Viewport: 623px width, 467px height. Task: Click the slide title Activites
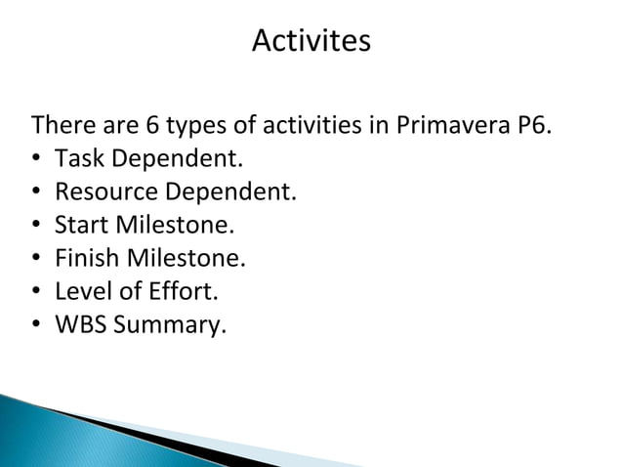(x=311, y=42)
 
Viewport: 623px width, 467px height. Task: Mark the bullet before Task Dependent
(x=37, y=159)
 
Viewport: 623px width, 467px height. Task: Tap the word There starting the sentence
(x=61, y=126)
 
